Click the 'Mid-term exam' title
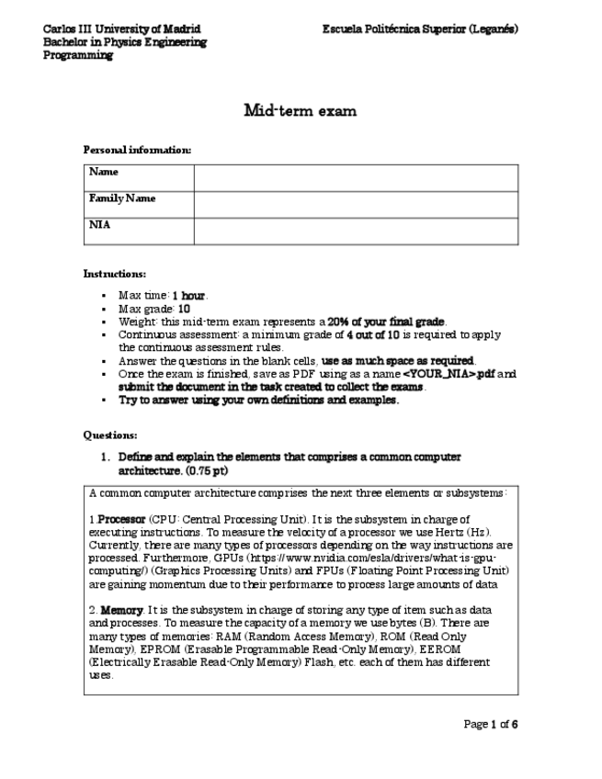[300, 111]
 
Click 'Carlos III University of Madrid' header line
[122, 29]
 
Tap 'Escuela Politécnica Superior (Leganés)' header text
[420, 29]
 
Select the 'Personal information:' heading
[138, 150]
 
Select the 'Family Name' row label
[122, 198]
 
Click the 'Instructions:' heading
[115, 274]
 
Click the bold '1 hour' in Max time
[189, 296]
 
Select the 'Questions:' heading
[110, 435]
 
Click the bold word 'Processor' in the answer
[121, 519]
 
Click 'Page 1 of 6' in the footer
[491, 725]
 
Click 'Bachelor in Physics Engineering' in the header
[125, 42]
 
